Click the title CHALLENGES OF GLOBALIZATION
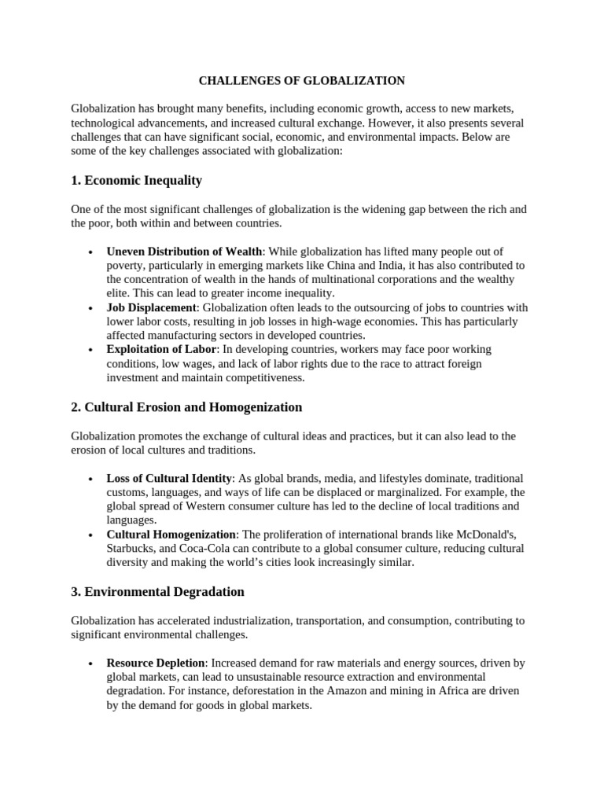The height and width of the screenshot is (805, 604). (x=301, y=80)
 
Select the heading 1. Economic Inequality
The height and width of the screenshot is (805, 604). (x=136, y=181)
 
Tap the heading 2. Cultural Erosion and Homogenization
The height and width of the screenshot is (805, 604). (x=186, y=407)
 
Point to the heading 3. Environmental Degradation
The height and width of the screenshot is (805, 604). (x=157, y=592)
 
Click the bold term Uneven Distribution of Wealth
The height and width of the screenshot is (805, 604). (x=184, y=252)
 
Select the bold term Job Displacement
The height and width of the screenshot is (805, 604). (x=151, y=307)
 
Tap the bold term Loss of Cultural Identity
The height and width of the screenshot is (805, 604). (x=169, y=478)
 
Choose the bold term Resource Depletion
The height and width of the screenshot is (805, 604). (x=156, y=663)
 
